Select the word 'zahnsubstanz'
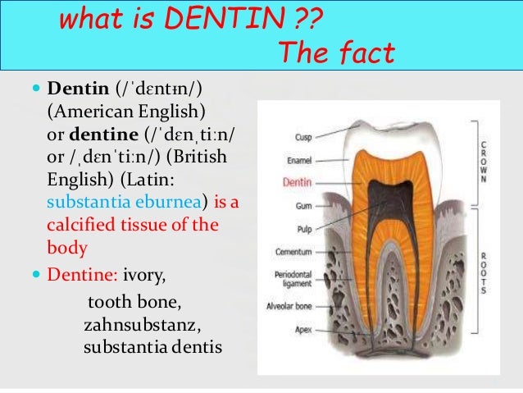(x=139, y=328)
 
